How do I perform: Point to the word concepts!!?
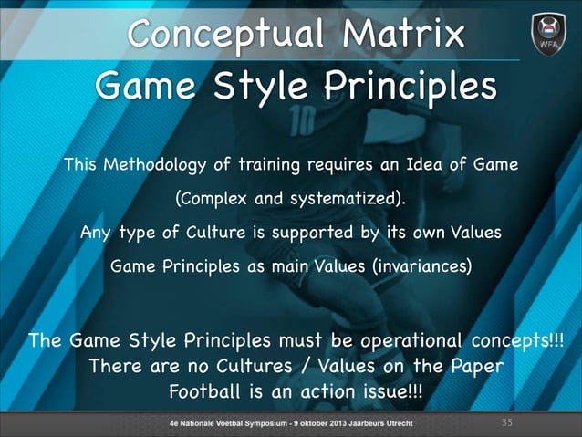519,341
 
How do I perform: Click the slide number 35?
509,423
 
